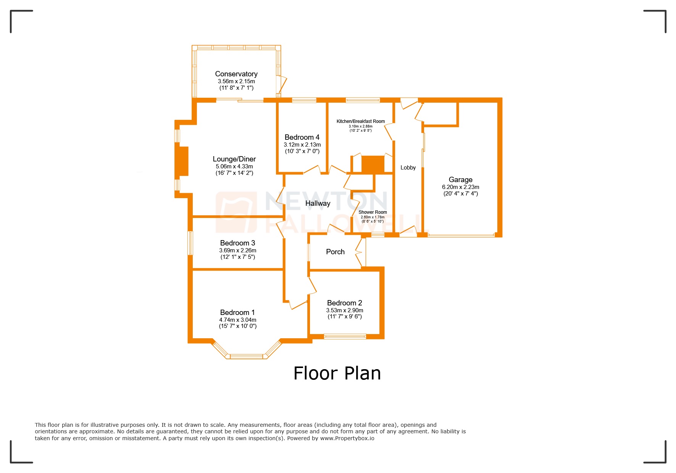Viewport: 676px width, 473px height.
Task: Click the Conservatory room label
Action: (236, 74)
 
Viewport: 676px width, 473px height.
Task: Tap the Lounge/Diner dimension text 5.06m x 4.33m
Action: (234, 166)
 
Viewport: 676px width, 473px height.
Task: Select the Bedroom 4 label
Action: (302, 137)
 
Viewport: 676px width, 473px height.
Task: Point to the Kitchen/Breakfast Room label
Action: (360, 121)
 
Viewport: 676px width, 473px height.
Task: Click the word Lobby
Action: (408, 168)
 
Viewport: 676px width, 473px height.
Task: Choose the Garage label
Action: (460, 180)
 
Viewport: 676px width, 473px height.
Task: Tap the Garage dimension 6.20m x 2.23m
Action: (460, 187)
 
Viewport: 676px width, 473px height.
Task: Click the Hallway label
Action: (318, 203)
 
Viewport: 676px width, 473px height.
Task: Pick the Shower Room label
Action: (373, 212)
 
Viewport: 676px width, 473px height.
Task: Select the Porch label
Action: (335, 252)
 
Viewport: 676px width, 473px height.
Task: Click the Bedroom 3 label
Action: (237, 243)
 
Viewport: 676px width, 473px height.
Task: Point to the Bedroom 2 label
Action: (344, 303)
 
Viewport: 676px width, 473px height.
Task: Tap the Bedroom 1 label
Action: (237, 313)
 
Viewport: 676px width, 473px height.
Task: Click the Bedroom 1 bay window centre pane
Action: (247, 357)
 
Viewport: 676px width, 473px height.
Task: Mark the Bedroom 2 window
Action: (345, 336)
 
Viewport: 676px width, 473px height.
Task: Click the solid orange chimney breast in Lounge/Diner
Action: (182, 161)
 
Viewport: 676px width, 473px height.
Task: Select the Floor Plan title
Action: (337, 373)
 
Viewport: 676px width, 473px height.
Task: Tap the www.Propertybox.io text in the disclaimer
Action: (347, 438)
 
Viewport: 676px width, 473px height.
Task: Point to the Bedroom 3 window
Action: (190, 243)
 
